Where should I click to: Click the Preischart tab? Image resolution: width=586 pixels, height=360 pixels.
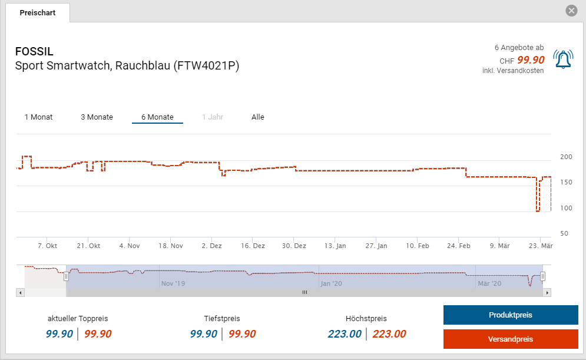38,12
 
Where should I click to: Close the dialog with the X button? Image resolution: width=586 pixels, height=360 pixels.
571,11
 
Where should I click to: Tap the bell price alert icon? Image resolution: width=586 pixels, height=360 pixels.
563,59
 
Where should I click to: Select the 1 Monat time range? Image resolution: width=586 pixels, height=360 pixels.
38,117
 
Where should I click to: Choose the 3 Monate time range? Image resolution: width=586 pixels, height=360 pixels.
97,117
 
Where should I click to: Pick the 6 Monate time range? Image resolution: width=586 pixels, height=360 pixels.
157,117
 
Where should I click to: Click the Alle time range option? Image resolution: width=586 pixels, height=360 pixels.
258,117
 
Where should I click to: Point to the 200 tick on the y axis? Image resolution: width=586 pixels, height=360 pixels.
566,157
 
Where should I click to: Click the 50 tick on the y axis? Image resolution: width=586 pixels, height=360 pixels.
564,233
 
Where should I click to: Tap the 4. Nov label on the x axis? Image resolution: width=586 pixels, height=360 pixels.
129,246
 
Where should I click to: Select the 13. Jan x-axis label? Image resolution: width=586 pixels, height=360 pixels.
335,246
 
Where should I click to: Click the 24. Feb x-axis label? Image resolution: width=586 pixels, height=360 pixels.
458,246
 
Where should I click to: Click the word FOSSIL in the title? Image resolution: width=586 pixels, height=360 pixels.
34,52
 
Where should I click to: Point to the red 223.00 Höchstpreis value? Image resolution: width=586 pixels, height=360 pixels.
389,334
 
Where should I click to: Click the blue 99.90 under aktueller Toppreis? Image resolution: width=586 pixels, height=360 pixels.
59,334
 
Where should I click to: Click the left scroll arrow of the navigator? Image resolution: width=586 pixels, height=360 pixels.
21,292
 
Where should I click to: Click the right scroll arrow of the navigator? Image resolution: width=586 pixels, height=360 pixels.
547,292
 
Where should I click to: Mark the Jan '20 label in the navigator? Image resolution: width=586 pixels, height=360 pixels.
332,283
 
